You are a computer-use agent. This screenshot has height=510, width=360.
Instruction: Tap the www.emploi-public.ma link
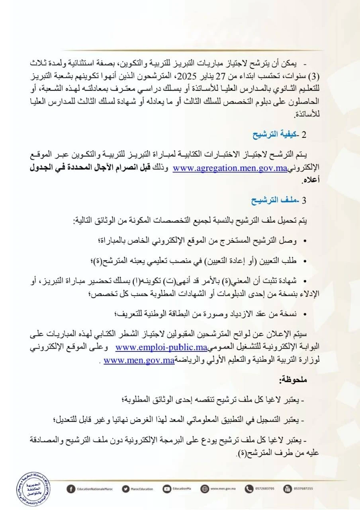[x=161, y=347]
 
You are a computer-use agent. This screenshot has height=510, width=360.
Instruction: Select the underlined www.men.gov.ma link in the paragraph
[x=139, y=361]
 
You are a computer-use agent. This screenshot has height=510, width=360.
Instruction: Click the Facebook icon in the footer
[x=71, y=489]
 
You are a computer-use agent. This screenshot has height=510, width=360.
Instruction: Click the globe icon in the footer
[x=205, y=489]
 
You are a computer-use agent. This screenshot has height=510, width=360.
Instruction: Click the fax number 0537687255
[x=303, y=489]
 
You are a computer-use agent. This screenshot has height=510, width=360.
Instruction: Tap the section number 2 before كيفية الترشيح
[x=304, y=135]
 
